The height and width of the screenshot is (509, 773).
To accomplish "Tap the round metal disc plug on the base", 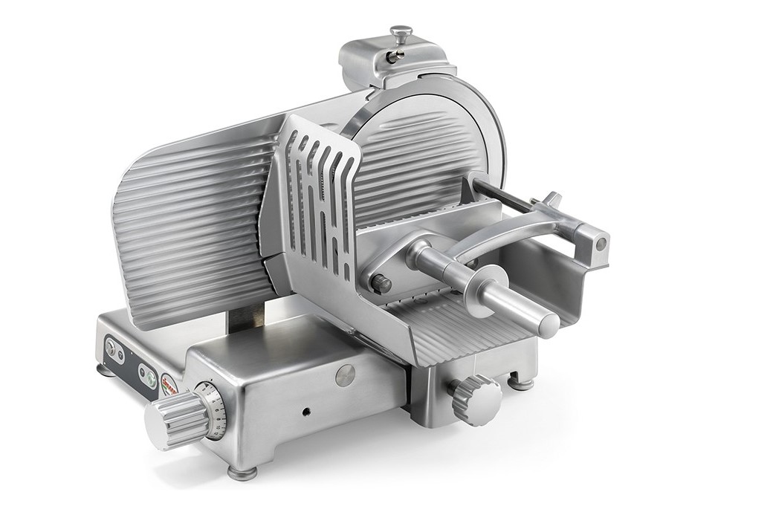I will (x=345, y=375).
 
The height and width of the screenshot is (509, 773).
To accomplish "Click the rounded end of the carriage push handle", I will (x=548, y=323).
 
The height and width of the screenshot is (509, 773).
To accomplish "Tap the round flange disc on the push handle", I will (x=487, y=291).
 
